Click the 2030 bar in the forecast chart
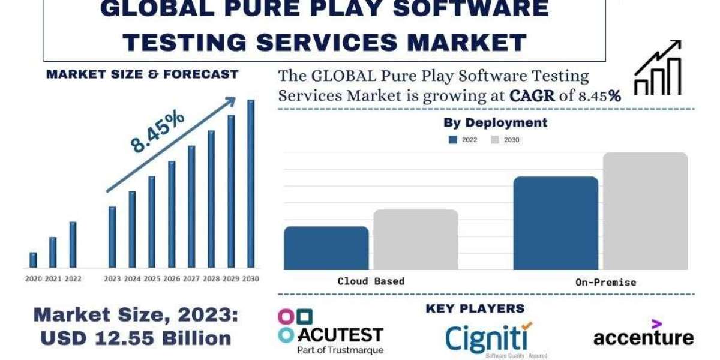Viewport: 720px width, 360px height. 251,184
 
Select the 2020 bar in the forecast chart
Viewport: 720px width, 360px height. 33,260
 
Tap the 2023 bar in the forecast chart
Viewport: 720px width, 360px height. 112,237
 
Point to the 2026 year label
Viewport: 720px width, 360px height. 172,279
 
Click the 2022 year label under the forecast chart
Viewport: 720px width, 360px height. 73,279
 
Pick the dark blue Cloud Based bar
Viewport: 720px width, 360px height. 326,248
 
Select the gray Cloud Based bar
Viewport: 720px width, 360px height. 415,239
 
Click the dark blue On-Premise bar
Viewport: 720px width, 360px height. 556,223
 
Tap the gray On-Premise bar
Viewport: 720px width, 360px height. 645,211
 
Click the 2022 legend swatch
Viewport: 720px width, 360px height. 453,140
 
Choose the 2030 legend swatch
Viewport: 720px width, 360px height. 495,140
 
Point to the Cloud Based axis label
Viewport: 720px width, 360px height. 371,281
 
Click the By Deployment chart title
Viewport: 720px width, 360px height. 495,122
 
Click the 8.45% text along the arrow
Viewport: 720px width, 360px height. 157,133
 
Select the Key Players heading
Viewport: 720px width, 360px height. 475,308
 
